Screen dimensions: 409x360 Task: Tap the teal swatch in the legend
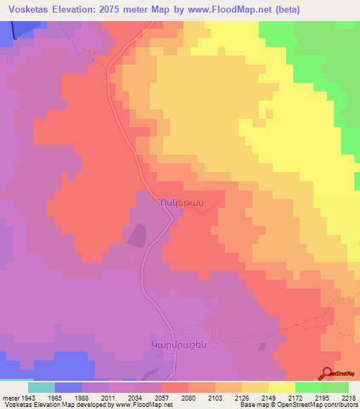tap(41, 387)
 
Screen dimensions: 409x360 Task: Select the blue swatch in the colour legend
tap(68, 387)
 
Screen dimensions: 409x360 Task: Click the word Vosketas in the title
tap(29, 9)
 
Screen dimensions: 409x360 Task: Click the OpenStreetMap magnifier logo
tap(328, 373)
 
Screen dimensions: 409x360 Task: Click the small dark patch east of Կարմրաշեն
tap(262, 345)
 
